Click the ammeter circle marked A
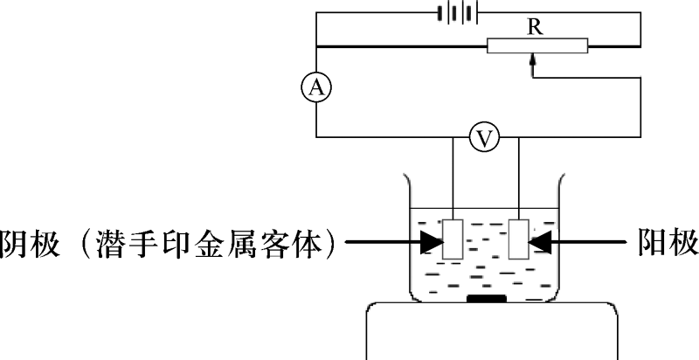(316, 88)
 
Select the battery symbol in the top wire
(458, 13)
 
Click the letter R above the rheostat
(535, 28)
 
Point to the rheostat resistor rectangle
(537, 46)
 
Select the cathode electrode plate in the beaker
(453, 239)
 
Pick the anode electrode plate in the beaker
(518, 239)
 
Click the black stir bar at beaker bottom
(487, 298)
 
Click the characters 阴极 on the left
(31, 242)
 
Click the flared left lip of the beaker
(407, 190)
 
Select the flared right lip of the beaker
(561, 190)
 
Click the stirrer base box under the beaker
(492, 331)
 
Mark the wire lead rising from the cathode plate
(453, 178)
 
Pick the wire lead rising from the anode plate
(518, 178)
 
